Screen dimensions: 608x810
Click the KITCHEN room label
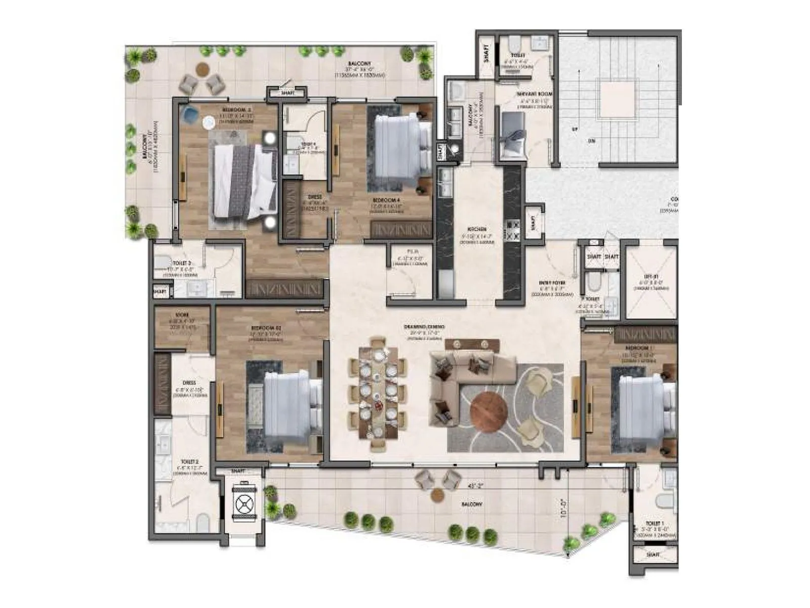477,230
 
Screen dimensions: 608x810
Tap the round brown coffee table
489,411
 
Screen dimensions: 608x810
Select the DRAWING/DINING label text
424,327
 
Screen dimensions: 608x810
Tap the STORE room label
182,315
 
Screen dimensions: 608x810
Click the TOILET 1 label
655,523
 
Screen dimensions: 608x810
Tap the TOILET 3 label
182,263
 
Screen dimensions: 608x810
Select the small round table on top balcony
202,68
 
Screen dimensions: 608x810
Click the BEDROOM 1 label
637,348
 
